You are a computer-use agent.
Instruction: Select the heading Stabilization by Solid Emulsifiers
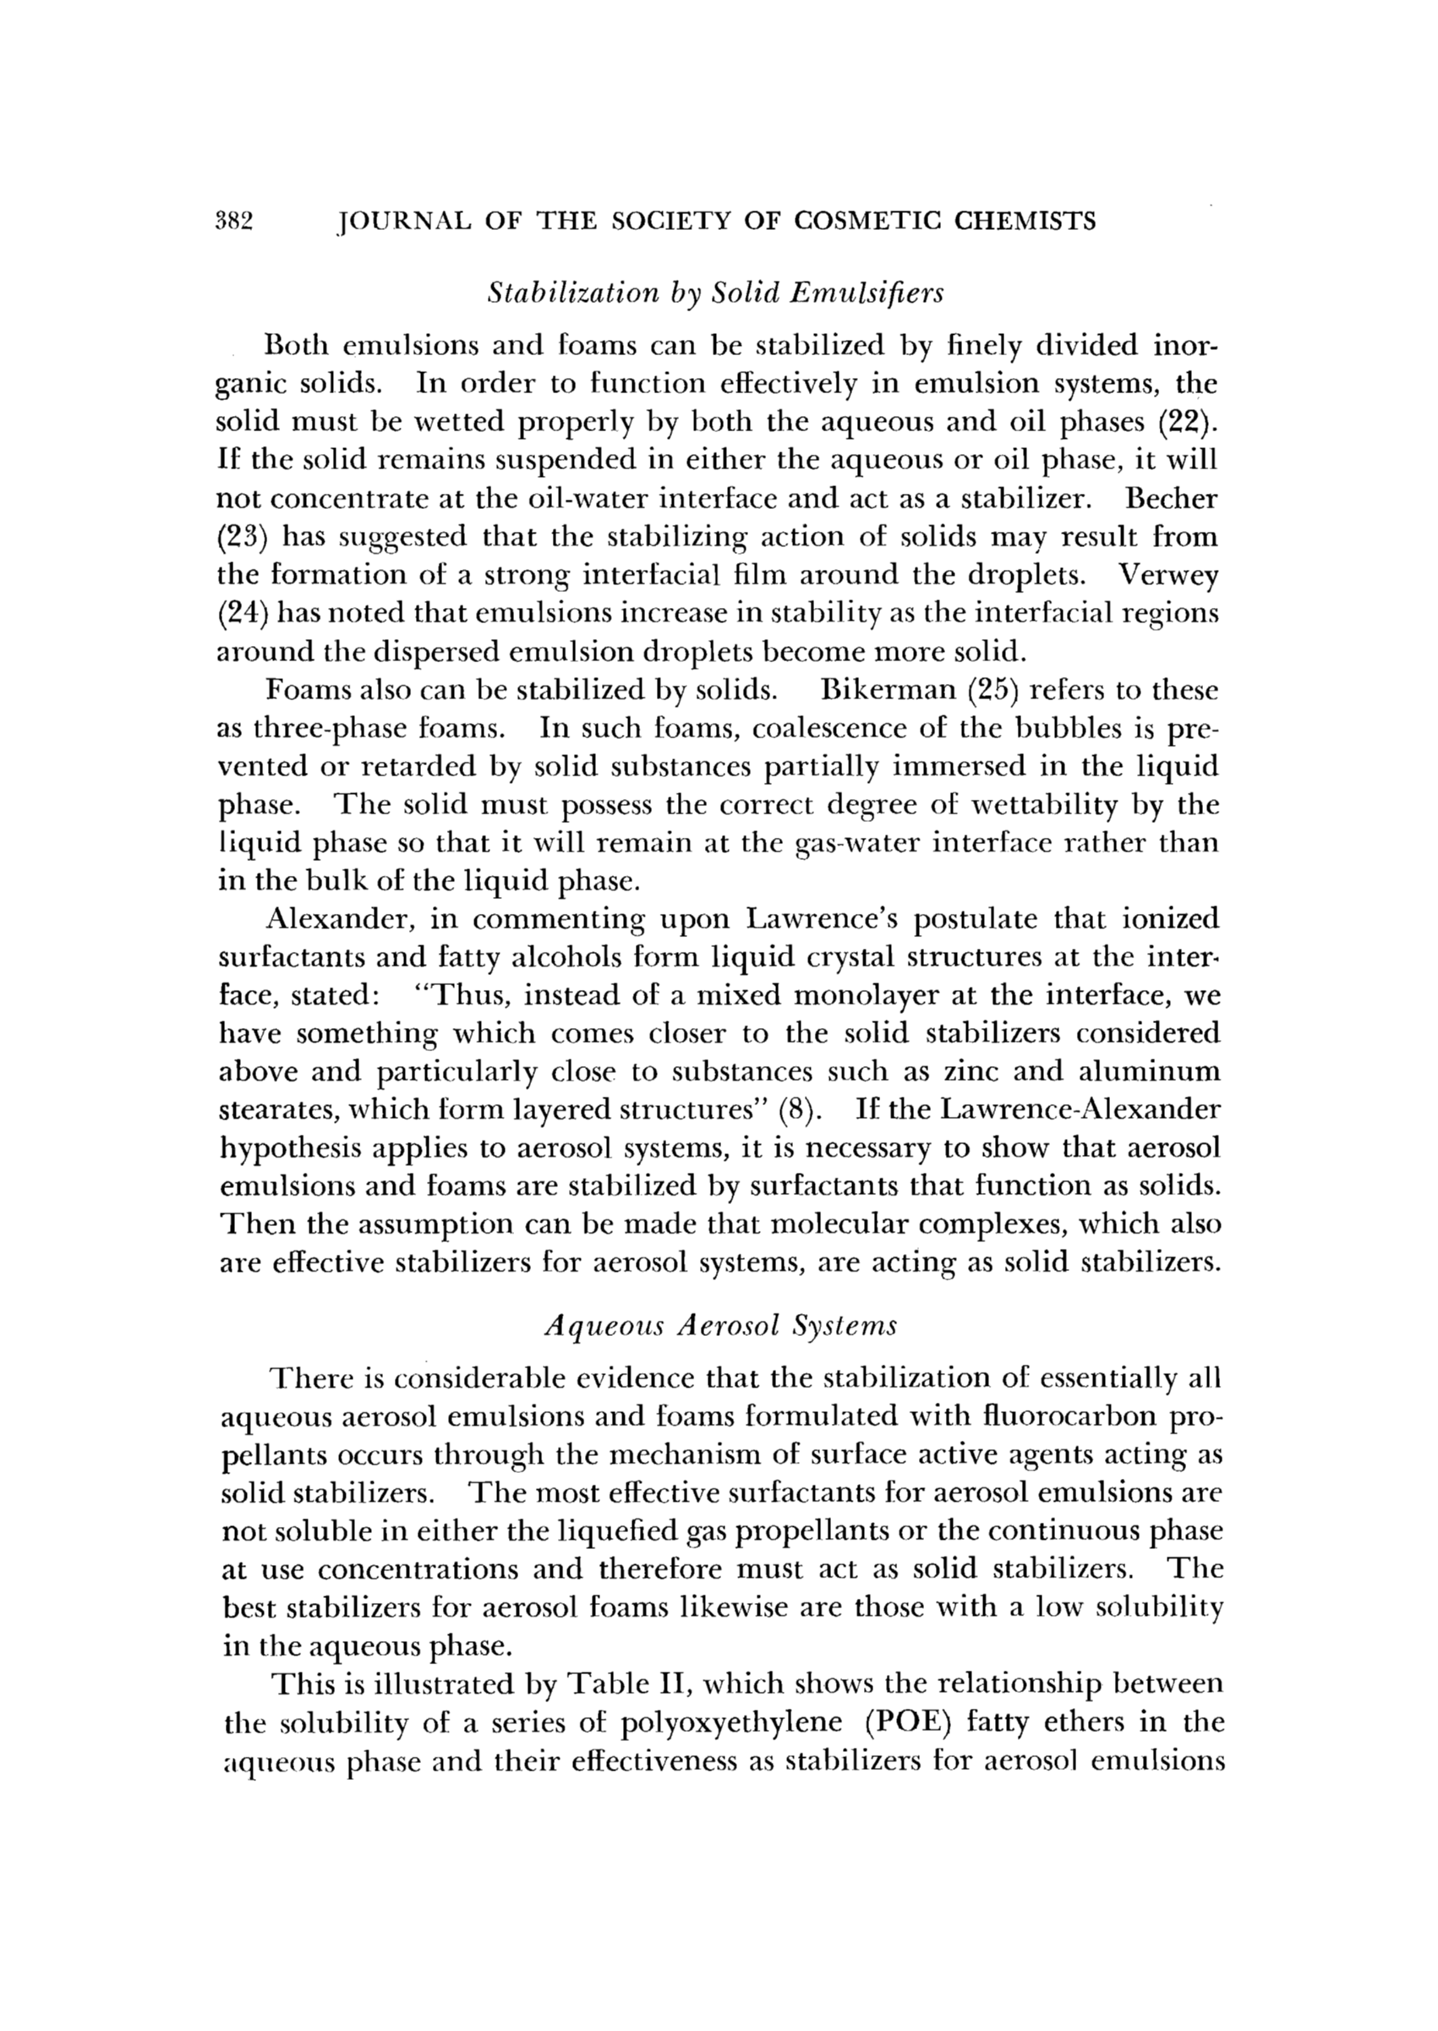click(x=716, y=293)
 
